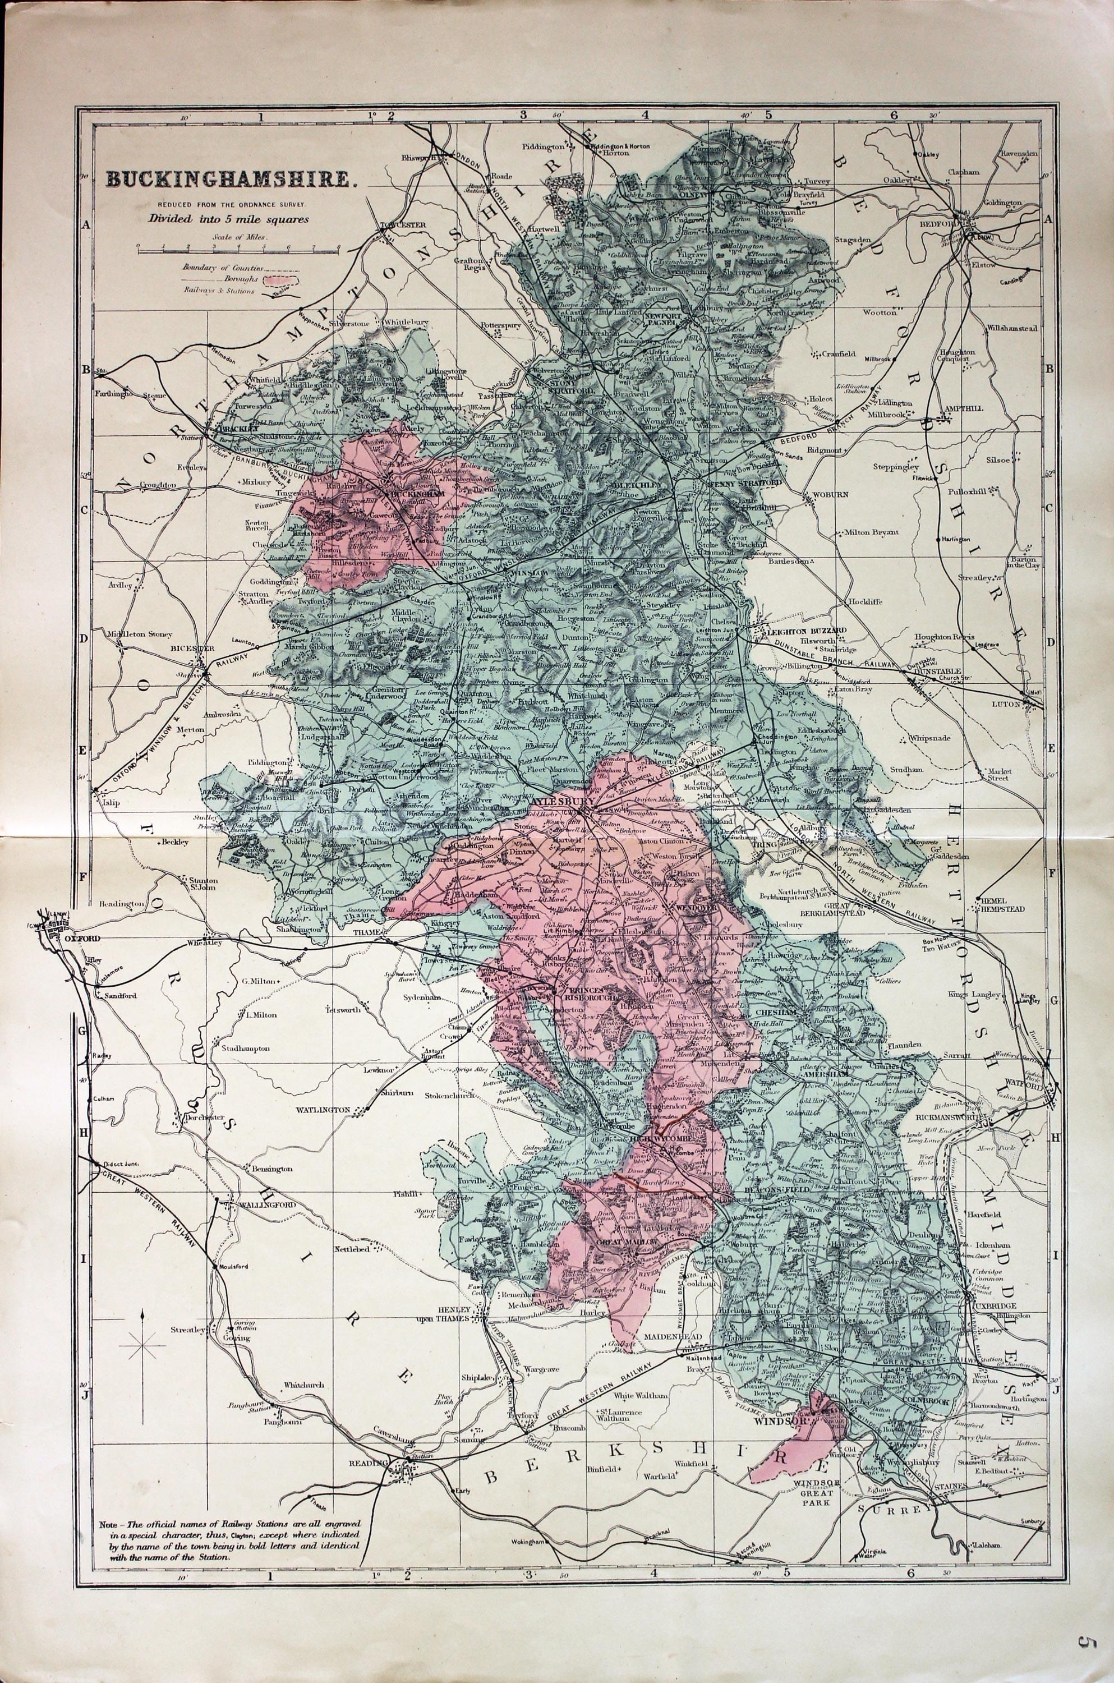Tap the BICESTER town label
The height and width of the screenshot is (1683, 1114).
coord(187,649)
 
